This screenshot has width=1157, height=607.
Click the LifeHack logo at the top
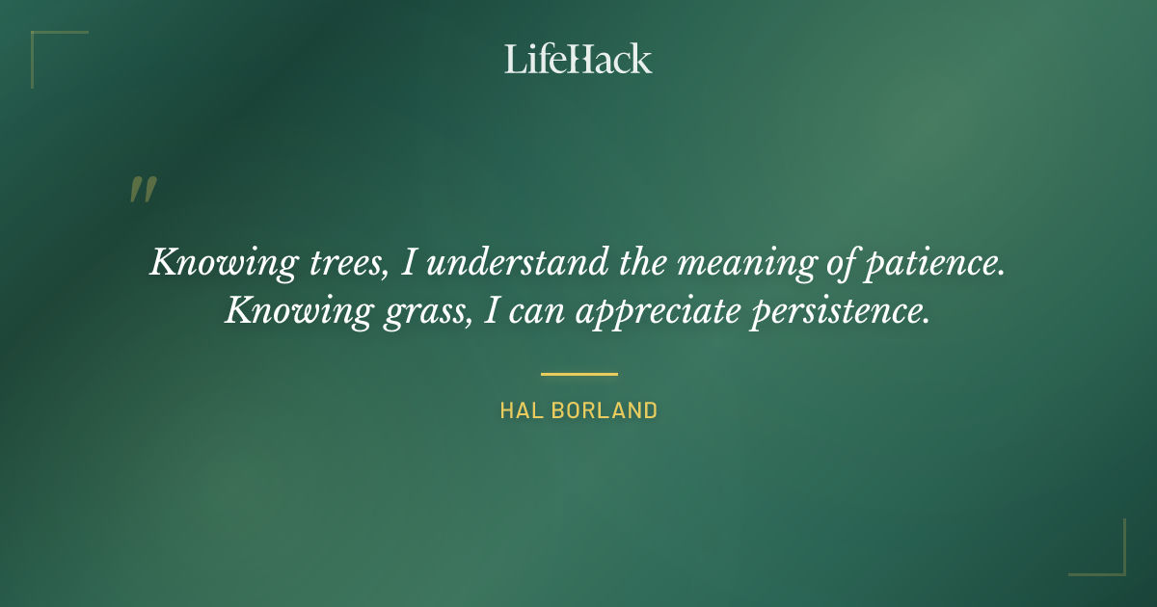point(578,59)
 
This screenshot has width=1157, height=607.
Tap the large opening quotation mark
point(143,190)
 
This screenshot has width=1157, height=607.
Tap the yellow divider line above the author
point(578,374)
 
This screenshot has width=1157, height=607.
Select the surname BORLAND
point(605,410)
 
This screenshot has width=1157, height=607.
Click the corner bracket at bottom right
point(1109,559)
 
